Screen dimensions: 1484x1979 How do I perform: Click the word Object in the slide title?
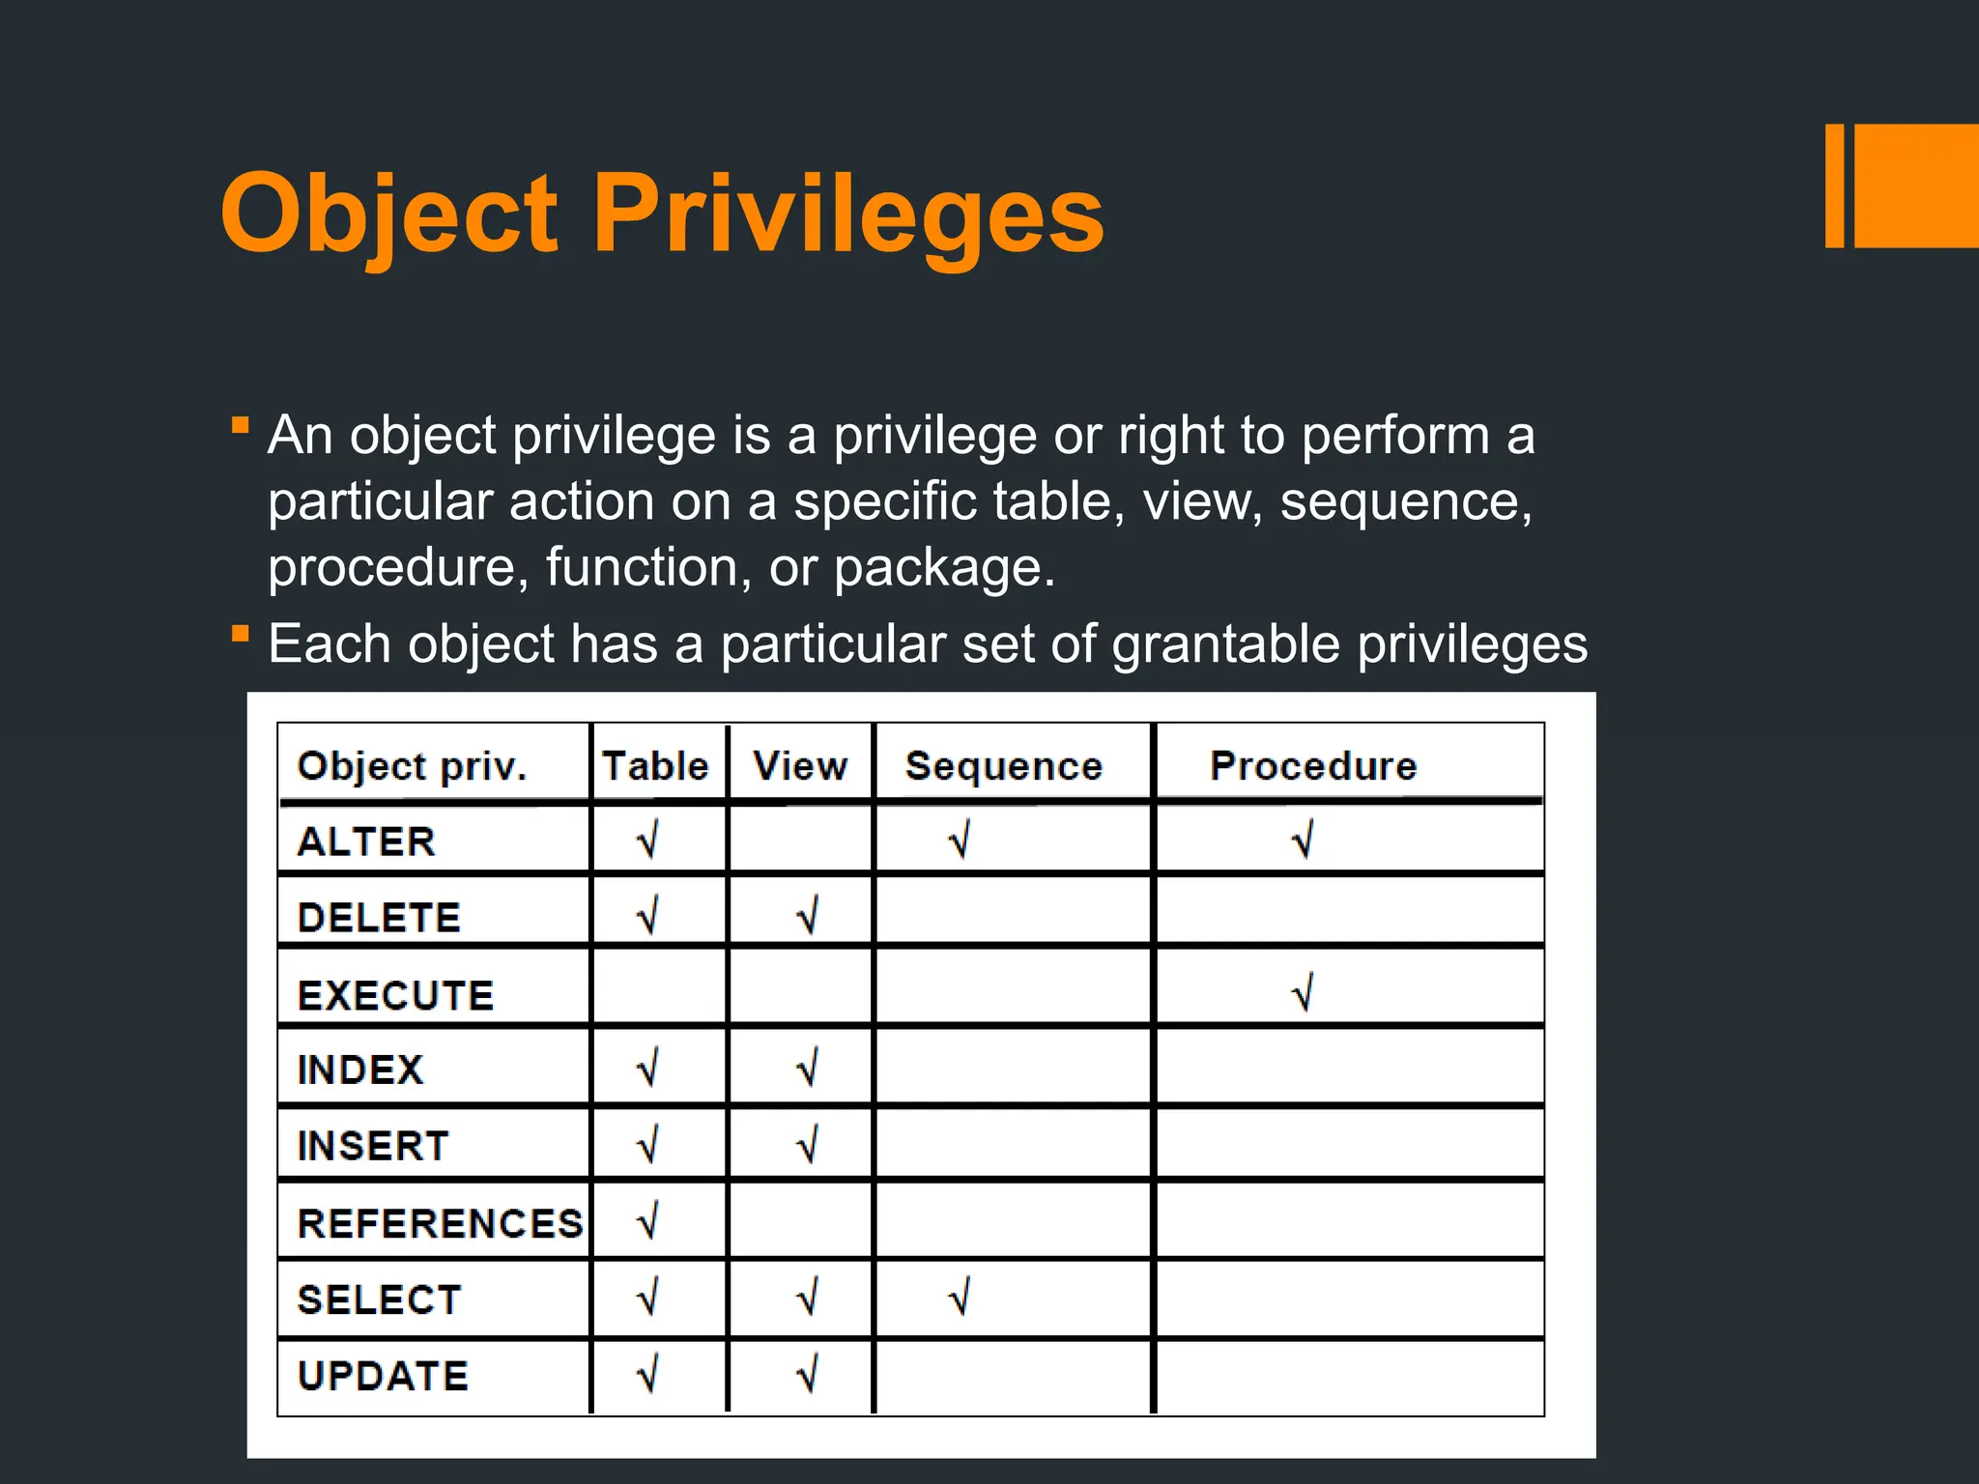pos(389,214)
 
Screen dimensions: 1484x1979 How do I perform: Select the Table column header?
pos(656,766)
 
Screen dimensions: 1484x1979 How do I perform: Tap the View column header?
pos(800,766)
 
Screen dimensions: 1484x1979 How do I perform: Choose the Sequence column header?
pos(1004,766)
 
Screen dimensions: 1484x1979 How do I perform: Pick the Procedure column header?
pos(1313,766)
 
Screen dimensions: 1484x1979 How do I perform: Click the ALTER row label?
pos(366,842)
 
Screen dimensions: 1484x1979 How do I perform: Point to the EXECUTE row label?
pos(395,995)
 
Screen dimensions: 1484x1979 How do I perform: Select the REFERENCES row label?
pos(441,1223)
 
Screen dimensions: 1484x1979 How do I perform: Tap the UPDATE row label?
pos(383,1376)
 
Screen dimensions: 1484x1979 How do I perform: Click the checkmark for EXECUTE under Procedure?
pos(1303,992)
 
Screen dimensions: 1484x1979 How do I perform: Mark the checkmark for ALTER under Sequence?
pos(960,840)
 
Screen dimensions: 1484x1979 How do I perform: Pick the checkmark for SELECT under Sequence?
pos(960,1297)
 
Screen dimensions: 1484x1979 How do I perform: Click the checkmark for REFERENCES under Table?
pos(648,1220)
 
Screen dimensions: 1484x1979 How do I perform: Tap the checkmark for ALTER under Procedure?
pos(1303,840)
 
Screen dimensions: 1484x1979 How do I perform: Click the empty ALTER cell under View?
pos(800,841)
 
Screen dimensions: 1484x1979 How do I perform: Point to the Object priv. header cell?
pos(413,766)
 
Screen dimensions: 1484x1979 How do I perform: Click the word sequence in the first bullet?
pos(1405,501)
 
